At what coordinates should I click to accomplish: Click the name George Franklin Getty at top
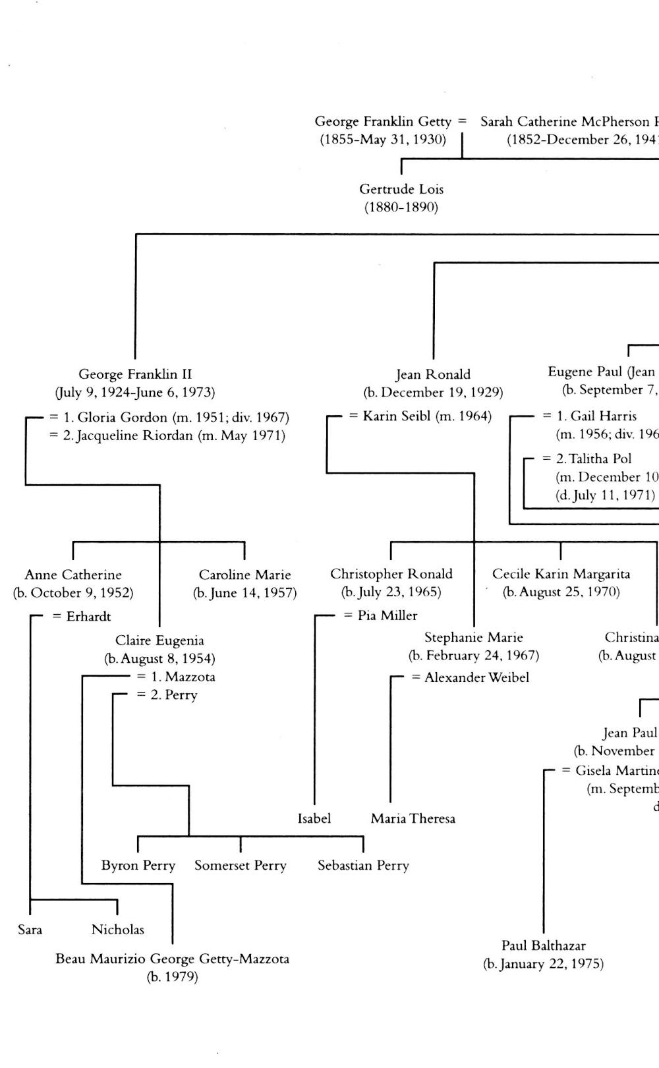point(383,121)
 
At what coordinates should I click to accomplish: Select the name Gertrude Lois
point(401,189)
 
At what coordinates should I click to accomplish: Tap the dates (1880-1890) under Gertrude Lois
point(401,208)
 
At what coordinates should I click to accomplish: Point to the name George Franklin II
point(135,374)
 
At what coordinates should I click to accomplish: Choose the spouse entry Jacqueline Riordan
point(174,436)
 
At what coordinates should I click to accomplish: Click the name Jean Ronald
point(433,374)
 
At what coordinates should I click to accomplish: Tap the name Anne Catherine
point(73,575)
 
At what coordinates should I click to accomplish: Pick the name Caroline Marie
point(244,575)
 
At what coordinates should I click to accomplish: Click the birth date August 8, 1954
point(159,658)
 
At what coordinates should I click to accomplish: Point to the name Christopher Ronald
point(391,574)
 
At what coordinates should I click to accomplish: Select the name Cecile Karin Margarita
point(561,574)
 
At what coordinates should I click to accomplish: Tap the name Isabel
point(314,818)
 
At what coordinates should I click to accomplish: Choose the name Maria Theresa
point(413,818)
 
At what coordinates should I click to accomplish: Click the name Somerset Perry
point(241,865)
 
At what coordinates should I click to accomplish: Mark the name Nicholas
point(117,930)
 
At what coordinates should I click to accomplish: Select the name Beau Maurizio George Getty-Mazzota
point(172,959)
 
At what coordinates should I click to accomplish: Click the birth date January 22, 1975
point(543,964)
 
